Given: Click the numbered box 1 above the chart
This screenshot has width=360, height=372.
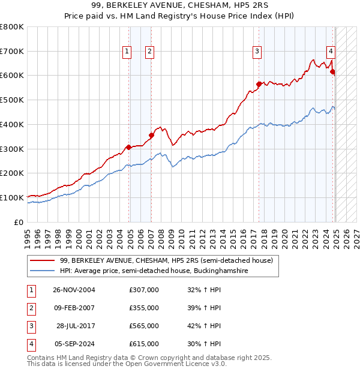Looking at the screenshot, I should click(128, 52).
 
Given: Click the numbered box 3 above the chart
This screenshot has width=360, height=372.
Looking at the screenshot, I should click(257, 52).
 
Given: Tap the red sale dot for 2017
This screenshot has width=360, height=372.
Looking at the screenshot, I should click(259, 84).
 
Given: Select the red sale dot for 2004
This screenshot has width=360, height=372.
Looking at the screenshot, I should click(128, 147).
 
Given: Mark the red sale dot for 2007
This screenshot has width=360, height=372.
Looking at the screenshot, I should click(152, 136).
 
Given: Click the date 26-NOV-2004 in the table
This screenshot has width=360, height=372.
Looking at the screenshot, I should click(74, 290).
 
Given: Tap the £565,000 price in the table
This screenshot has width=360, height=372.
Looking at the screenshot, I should click(144, 326).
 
